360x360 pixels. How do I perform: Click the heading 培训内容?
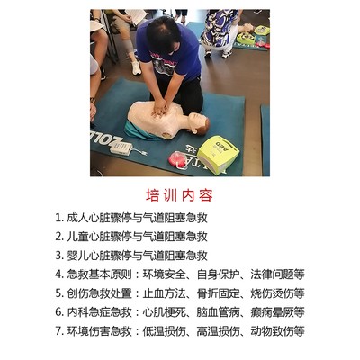click(x=179, y=195)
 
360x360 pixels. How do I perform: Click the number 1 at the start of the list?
click(x=58, y=218)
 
